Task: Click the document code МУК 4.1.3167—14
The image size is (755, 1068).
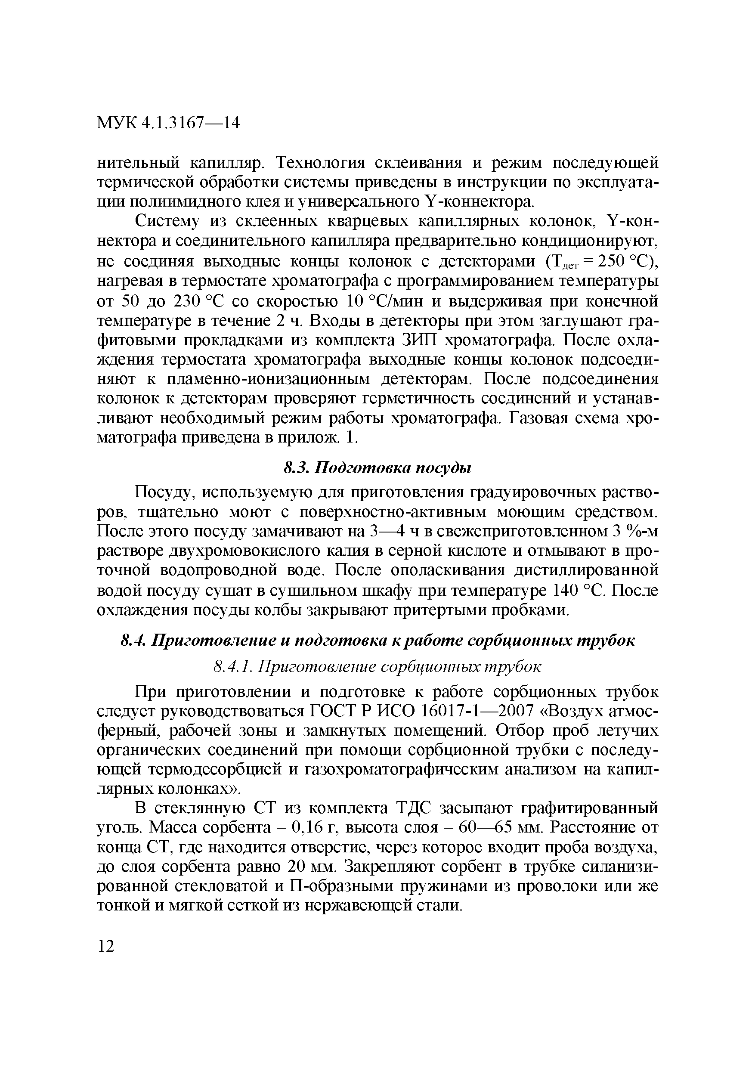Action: click(168, 123)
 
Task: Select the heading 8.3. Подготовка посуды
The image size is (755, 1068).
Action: click(378, 468)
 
